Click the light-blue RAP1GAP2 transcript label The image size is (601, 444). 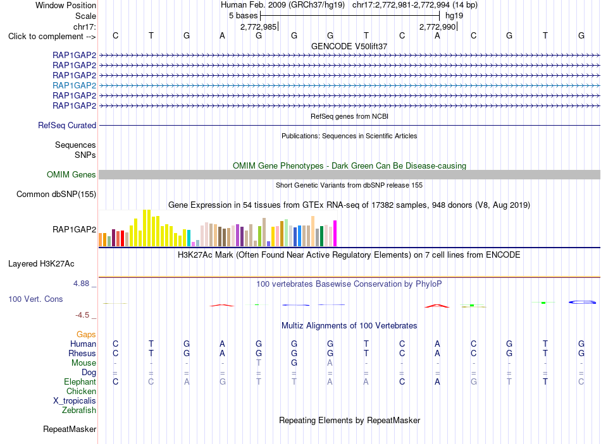pyautogui.click(x=75, y=85)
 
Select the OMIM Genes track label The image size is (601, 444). pyautogui.click(x=71, y=174)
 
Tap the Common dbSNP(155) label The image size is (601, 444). pyautogui.click(x=56, y=194)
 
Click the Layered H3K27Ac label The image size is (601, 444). pyautogui.click(x=41, y=264)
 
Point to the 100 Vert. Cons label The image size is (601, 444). pyautogui.click(x=35, y=299)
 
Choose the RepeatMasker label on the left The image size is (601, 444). pyautogui.click(x=70, y=429)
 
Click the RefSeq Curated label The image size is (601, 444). pyautogui.click(x=67, y=125)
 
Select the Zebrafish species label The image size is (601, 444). pyautogui.click(x=79, y=410)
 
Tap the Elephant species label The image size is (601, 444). pyautogui.click(x=80, y=381)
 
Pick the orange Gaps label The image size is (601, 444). pyautogui.click(x=86, y=335)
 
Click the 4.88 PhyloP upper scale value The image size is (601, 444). pyautogui.click(x=81, y=283)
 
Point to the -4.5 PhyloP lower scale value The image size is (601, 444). pyautogui.click(x=82, y=315)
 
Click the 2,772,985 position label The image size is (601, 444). pyautogui.click(x=258, y=27)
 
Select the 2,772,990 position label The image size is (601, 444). pyautogui.click(x=437, y=27)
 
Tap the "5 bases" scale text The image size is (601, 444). pyautogui.click(x=244, y=16)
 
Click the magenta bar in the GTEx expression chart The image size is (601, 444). pyautogui.click(x=335, y=233)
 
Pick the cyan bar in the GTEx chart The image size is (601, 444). pyautogui.click(x=189, y=238)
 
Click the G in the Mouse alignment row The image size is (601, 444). pyautogui.click(x=294, y=363)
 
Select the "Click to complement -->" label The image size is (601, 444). pyautogui.click(x=52, y=37)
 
